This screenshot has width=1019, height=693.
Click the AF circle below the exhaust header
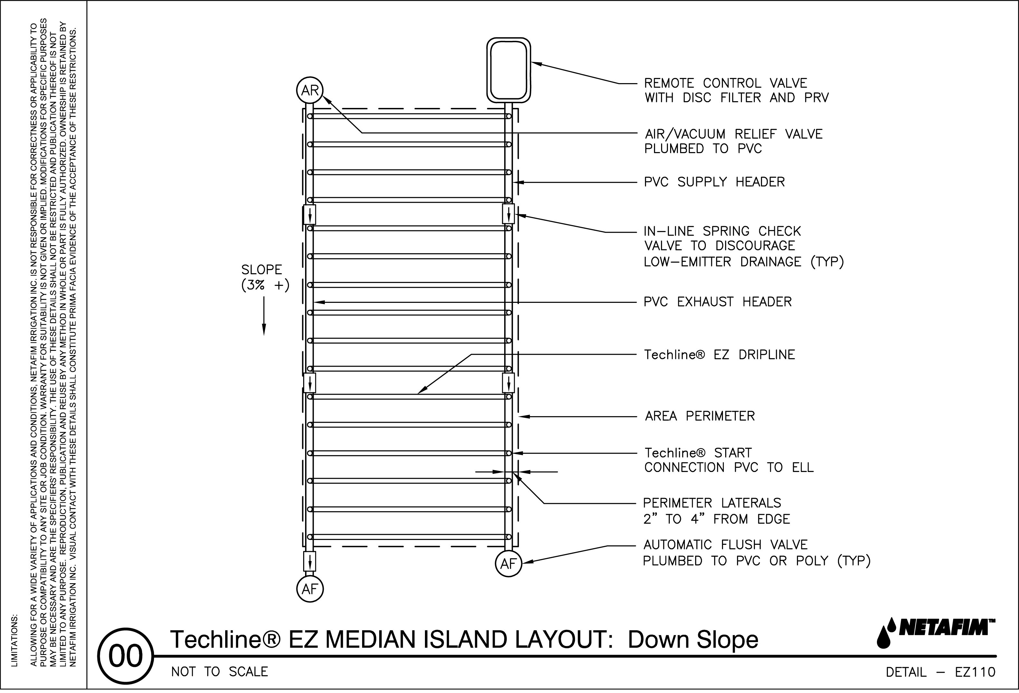(x=310, y=589)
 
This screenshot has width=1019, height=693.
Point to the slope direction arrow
(x=264, y=316)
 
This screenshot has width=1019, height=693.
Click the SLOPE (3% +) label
(x=265, y=277)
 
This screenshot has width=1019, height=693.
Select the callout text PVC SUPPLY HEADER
(x=714, y=182)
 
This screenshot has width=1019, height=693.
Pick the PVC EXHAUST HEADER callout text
(x=717, y=302)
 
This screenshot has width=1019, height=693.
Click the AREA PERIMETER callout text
(x=700, y=416)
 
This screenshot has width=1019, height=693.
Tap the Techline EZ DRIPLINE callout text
(x=719, y=354)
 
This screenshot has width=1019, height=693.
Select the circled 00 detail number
(x=126, y=657)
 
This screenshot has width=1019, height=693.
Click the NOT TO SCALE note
(x=219, y=672)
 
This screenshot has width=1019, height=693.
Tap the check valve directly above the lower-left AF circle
(x=310, y=561)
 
